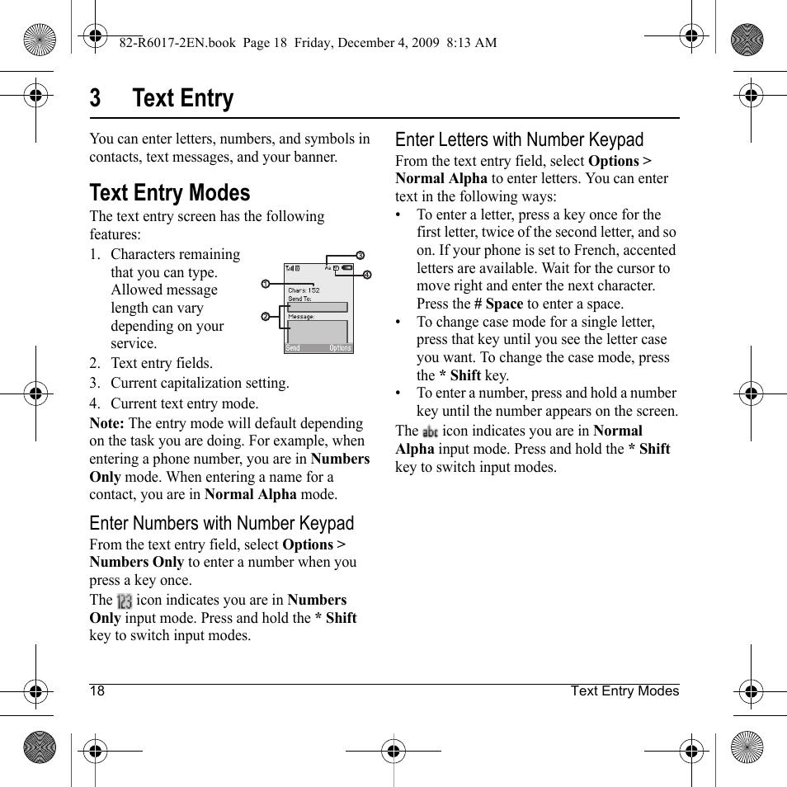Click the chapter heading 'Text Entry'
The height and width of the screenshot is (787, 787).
[x=182, y=98]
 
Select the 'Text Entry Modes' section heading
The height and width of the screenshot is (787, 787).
[x=169, y=193]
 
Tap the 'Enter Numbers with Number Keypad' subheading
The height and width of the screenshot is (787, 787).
[x=221, y=523]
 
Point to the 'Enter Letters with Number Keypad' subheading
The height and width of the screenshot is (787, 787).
[x=519, y=139]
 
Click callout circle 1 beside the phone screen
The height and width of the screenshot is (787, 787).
[x=266, y=284]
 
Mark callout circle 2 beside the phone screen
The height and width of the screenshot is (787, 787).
[x=266, y=317]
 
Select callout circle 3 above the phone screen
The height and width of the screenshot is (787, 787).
[x=360, y=255]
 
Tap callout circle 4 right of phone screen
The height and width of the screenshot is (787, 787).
[x=367, y=275]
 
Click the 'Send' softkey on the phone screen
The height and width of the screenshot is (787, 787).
[x=293, y=348]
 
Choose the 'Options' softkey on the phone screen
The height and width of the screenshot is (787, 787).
[x=340, y=348]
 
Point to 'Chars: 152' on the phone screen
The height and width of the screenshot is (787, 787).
[x=304, y=290]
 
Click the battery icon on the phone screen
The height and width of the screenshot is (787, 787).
[x=347, y=268]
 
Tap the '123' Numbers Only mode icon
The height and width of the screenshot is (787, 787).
[x=125, y=601]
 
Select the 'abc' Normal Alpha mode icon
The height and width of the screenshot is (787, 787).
[x=430, y=431]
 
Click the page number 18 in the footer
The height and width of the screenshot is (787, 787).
[x=97, y=691]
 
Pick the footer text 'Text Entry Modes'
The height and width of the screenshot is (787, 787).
[x=624, y=691]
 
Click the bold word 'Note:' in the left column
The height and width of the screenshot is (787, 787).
[x=107, y=423]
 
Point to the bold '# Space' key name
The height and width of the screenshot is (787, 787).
[x=498, y=304]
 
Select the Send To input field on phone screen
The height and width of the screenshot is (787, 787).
[x=318, y=306]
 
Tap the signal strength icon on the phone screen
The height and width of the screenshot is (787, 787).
[x=291, y=268]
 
